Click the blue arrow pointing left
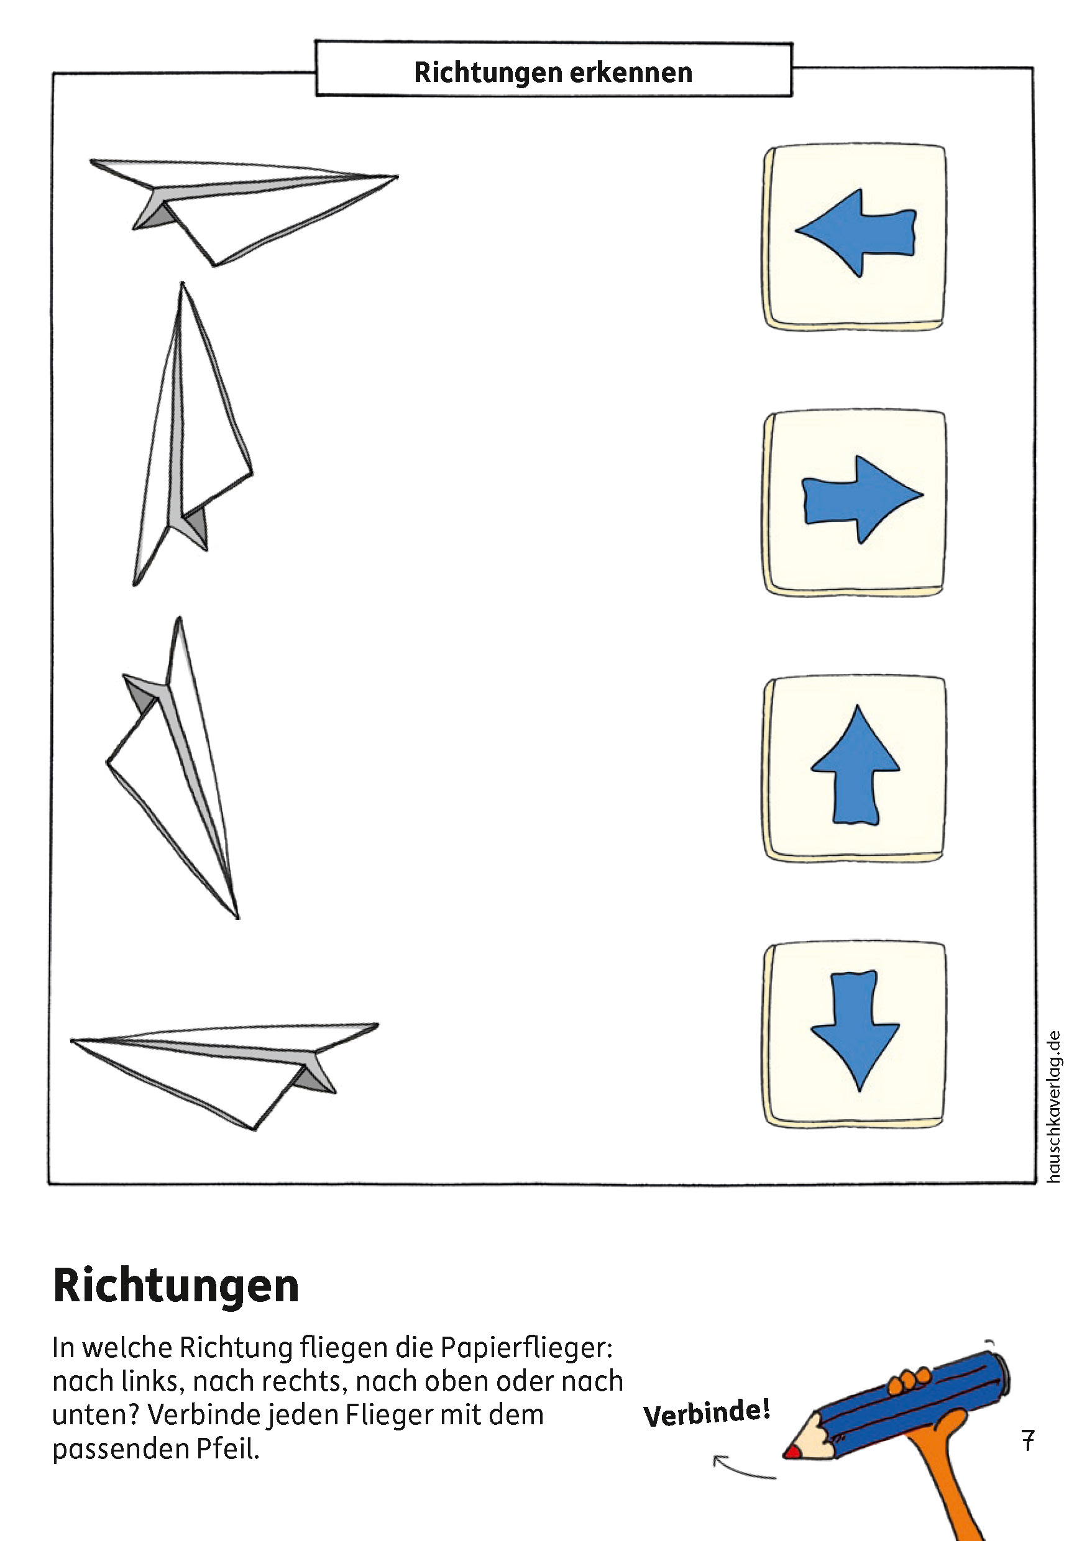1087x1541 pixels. pyautogui.click(x=856, y=233)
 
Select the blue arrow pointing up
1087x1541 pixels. pyautogui.click(x=855, y=765)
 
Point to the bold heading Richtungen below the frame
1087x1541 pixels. pyautogui.click(x=176, y=1286)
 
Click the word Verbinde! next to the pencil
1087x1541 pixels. pyautogui.click(x=706, y=1413)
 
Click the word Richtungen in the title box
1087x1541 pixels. pyautogui.click(x=487, y=73)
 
